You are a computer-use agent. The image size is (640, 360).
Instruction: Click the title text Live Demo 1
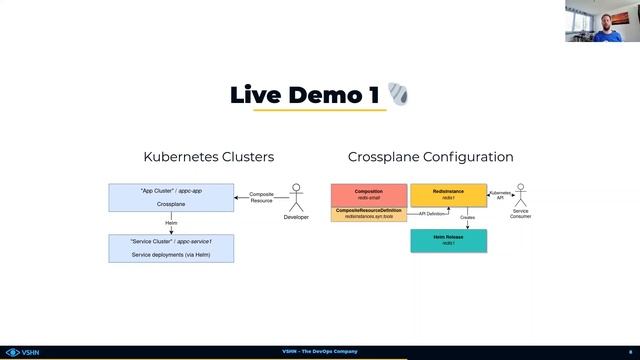tap(304, 95)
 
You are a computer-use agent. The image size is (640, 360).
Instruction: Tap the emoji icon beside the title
tap(398, 95)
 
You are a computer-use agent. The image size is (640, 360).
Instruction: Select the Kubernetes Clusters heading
tap(209, 157)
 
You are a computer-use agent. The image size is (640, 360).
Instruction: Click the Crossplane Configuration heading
tap(430, 157)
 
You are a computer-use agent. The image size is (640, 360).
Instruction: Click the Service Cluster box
tap(170, 248)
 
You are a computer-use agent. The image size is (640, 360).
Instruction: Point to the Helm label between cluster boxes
tap(171, 223)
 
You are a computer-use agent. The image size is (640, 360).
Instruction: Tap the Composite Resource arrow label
tap(261, 196)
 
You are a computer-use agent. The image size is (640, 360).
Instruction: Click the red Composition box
tap(369, 195)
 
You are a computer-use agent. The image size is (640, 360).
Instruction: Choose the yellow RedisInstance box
tap(448, 195)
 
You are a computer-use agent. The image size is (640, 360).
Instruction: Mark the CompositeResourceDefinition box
tap(369, 214)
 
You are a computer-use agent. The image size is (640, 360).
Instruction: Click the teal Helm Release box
tap(448, 240)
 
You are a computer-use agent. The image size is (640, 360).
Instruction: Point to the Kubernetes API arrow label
tap(500, 195)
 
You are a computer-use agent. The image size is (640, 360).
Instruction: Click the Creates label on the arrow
tap(467, 217)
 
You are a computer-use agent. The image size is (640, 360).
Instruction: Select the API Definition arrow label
tap(431, 213)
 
